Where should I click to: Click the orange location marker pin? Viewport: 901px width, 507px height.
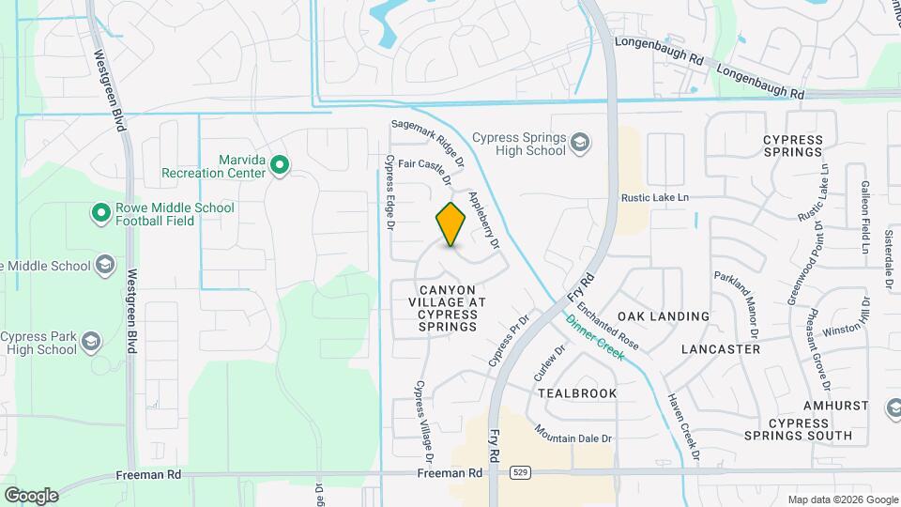click(x=451, y=224)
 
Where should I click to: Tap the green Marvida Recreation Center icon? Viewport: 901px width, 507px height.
click(x=279, y=167)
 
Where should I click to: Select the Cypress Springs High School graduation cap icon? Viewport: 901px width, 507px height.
click(x=581, y=143)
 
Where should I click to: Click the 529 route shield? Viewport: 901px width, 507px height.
click(x=518, y=474)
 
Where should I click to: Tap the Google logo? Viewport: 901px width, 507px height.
click(x=31, y=495)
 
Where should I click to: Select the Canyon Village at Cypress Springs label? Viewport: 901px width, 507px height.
click(x=448, y=308)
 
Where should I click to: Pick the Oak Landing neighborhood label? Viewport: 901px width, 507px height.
click(x=663, y=316)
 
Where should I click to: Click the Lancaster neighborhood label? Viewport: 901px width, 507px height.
click(x=720, y=348)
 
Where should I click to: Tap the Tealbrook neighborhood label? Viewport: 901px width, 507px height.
click(x=578, y=393)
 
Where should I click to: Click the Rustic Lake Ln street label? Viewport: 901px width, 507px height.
click(x=655, y=197)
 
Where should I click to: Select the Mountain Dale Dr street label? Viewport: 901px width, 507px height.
click(x=573, y=433)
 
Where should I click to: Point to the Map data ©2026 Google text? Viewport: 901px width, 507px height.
click(x=842, y=499)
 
